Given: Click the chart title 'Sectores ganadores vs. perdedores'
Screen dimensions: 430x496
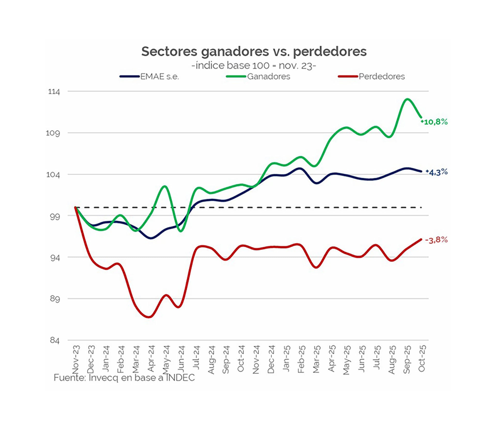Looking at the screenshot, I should (254, 51).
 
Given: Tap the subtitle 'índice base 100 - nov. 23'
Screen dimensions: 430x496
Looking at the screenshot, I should (254, 66).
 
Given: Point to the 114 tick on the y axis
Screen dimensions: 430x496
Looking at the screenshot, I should (54, 92).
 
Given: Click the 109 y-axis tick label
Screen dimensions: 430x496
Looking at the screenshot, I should (53, 133).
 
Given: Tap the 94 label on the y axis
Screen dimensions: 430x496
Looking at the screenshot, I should (55, 258).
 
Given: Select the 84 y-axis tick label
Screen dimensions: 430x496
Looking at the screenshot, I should (55, 340).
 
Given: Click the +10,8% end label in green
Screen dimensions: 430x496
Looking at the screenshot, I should (435, 122).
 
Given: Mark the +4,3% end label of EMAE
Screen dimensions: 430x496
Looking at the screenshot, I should (437, 172).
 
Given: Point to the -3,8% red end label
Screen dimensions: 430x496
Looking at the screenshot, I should (436, 240).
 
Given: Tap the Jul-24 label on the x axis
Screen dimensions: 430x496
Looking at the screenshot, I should (196, 358).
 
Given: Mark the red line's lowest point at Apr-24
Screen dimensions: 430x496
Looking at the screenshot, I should (149, 317).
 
